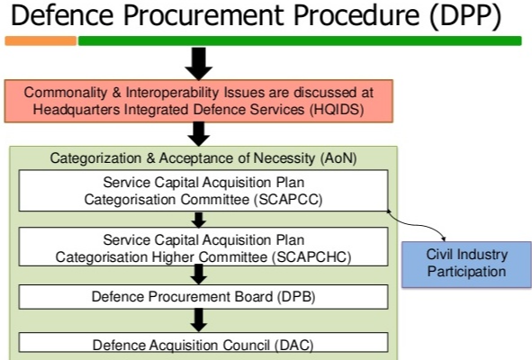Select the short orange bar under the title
tap(41, 40)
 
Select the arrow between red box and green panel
tap(200, 133)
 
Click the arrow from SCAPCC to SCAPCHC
tap(200, 220)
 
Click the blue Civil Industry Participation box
tap(465, 263)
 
